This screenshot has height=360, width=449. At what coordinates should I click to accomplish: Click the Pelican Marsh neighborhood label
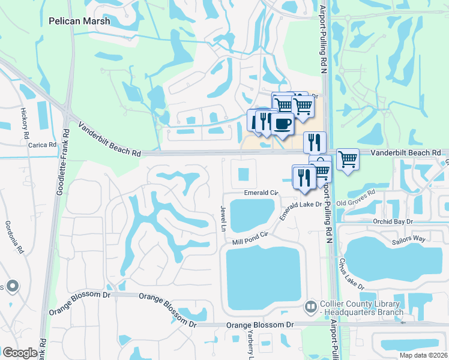79,21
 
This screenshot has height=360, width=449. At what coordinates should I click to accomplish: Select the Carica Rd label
36,145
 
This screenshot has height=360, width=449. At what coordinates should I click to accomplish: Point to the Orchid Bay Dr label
393,221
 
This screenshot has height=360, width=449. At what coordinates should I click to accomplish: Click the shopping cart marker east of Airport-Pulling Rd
347,159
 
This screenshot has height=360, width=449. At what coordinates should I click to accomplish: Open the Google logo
20,353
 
